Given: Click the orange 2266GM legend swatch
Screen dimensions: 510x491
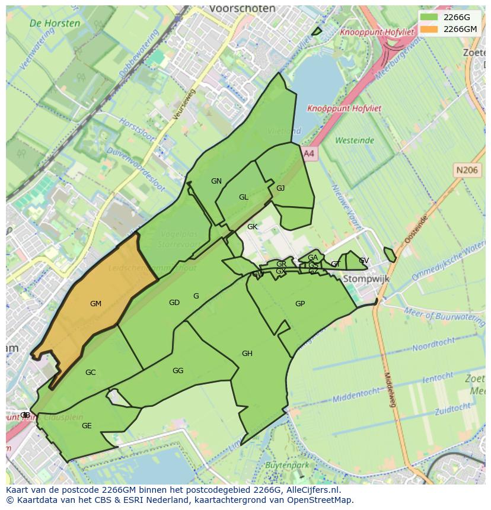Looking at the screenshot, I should [429, 29].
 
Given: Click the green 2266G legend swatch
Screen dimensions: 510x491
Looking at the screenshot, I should [429, 17].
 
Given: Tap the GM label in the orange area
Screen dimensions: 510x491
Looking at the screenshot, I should [95, 304].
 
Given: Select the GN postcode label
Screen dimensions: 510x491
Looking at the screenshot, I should [216, 181].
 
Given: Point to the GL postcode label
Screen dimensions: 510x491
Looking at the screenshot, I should [244, 197].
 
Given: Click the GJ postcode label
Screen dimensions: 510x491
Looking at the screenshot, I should [280, 188].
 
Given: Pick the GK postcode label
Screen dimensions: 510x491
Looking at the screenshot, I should [253, 227].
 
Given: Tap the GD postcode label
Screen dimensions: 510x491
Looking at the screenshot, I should [174, 303].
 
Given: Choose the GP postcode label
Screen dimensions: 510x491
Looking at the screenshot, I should [300, 304].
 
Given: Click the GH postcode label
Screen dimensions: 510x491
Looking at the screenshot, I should [247, 354].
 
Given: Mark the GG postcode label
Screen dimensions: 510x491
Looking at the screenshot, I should [178, 371].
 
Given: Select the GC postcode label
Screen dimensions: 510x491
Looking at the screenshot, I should [91, 373].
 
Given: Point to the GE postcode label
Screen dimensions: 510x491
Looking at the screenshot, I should [87, 426].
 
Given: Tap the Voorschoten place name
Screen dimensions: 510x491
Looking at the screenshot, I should [242, 9].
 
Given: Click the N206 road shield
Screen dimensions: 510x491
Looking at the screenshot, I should [467, 170].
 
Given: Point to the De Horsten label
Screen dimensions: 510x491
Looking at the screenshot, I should [55, 24].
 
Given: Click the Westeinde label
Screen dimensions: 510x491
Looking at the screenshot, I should [355, 140].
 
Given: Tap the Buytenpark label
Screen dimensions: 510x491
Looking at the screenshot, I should [288, 465].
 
